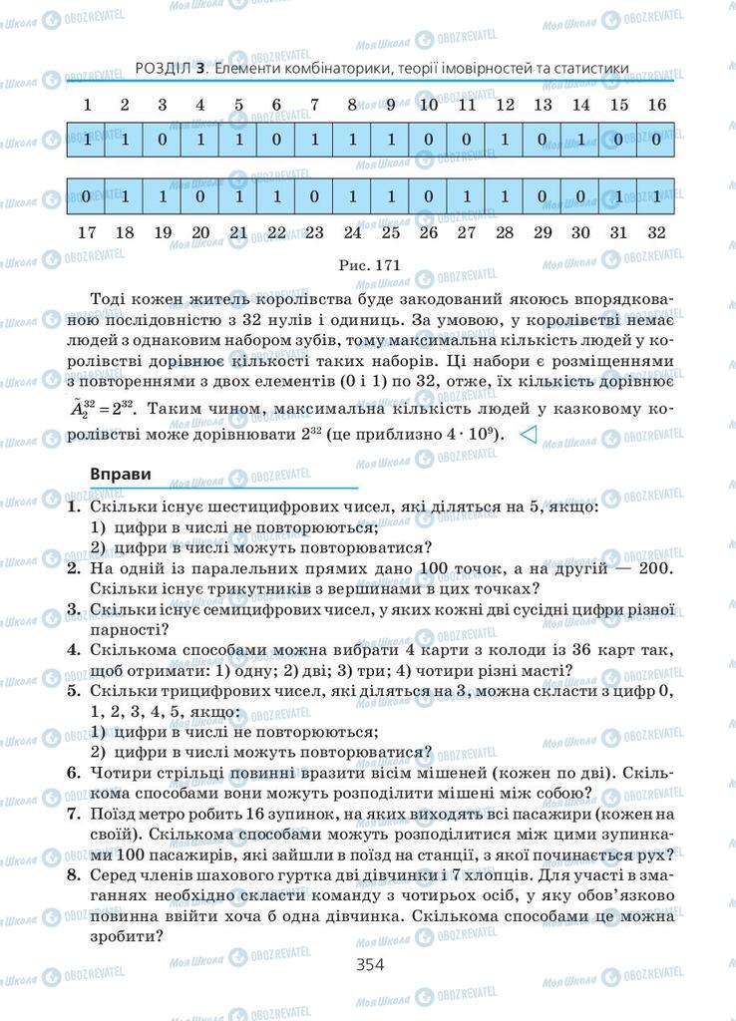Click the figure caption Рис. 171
(x=369, y=266)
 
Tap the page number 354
(x=369, y=963)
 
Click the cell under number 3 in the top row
(x=163, y=140)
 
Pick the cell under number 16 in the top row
(x=656, y=140)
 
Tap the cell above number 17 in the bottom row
(x=87, y=195)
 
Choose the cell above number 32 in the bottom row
(x=656, y=195)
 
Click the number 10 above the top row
(x=429, y=105)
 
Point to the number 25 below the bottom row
(x=390, y=232)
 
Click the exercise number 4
(x=73, y=650)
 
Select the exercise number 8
(x=73, y=873)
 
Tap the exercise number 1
(x=73, y=507)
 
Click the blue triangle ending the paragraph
(x=530, y=434)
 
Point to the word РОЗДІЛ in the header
(x=162, y=69)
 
